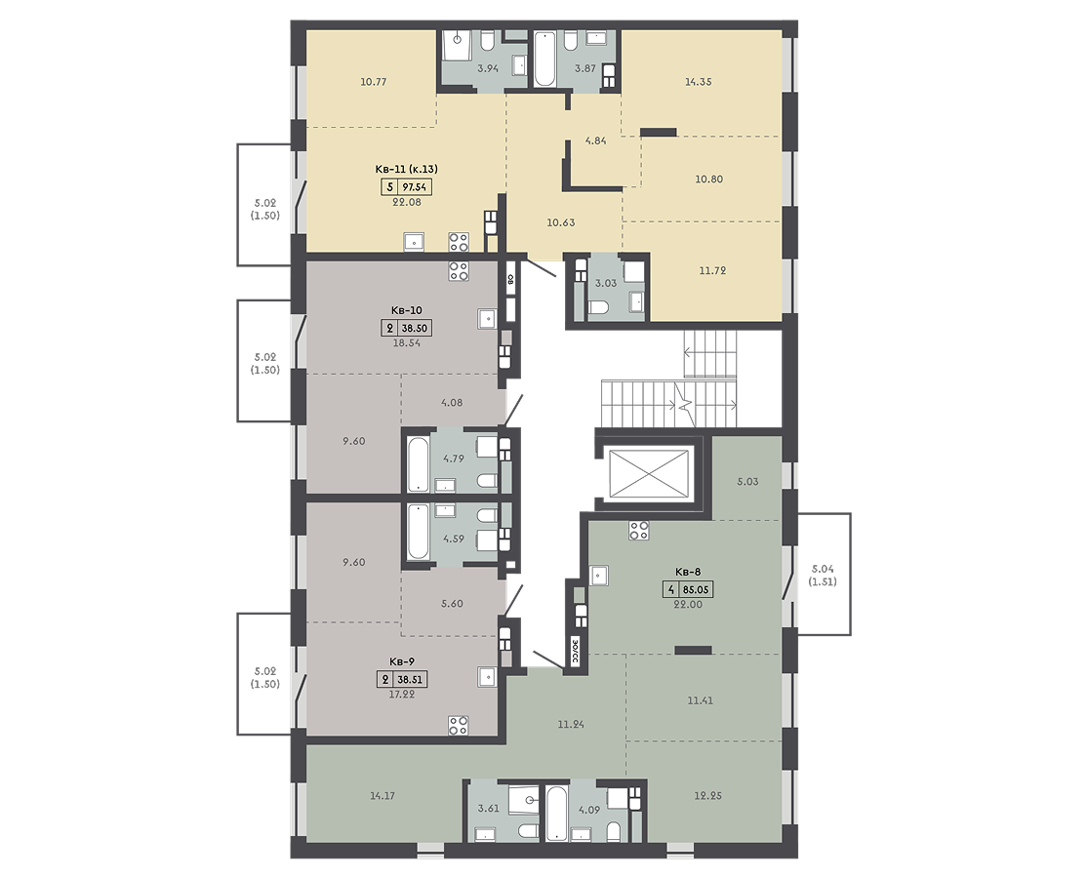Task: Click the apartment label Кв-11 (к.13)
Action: coord(407,169)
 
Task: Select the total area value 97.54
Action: coord(415,186)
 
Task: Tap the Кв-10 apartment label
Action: coord(407,310)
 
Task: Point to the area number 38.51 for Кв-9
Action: coord(410,680)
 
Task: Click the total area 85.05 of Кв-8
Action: coord(696,590)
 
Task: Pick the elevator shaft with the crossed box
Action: coord(651,473)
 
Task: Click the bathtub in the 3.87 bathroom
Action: coord(544,59)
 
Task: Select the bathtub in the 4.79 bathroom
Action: coord(418,463)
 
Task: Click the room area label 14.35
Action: coord(698,81)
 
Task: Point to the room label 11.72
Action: coord(712,270)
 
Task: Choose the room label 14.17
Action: coord(383,795)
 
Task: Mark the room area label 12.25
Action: coord(707,795)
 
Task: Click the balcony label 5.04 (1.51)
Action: coord(823,575)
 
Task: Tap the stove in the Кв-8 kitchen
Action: coord(639,531)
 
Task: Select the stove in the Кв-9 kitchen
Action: coord(458,726)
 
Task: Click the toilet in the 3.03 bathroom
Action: coord(599,307)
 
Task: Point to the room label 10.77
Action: coord(374,81)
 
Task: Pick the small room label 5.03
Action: coord(748,481)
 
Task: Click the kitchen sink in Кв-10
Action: coord(488,318)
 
